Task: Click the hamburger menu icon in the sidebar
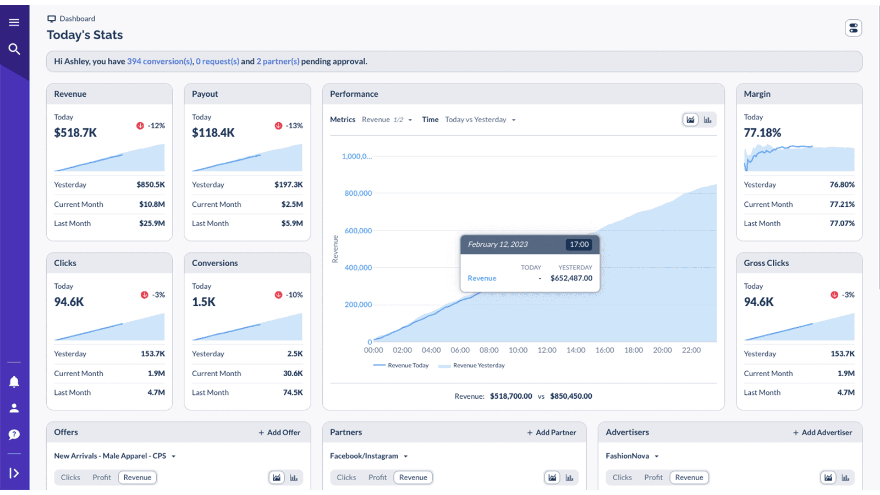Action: [14, 23]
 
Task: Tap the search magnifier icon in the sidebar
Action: [14, 49]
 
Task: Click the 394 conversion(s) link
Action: [159, 62]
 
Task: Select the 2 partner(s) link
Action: [278, 62]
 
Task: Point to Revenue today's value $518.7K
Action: [75, 133]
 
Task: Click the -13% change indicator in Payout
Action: [289, 126]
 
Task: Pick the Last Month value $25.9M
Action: [152, 223]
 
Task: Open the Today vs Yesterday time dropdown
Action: [480, 120]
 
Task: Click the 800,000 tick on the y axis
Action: [358, 194]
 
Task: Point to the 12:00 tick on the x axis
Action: [547, 350]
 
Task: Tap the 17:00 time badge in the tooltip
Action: [579, 245]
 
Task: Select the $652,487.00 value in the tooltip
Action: [571, 278]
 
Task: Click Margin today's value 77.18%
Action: [762, 133]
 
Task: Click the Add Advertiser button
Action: [822, 433]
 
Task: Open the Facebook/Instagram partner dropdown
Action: [369, 456]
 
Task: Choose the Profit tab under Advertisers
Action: [653, 477]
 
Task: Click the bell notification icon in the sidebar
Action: [14, 382]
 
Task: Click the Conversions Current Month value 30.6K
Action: [293, 373]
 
